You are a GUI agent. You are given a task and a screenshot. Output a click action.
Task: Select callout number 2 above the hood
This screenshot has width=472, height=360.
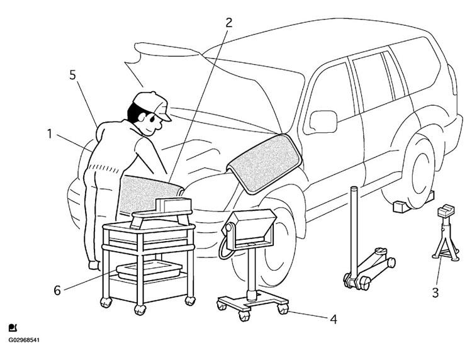point(229,23)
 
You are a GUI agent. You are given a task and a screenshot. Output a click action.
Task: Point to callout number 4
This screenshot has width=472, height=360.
point(334,319)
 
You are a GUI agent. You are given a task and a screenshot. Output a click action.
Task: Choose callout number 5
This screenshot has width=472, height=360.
point(73,75)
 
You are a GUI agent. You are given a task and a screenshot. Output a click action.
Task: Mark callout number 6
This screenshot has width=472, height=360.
point(57,291)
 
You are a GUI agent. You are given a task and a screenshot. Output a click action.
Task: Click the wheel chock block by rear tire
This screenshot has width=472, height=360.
point(399,205)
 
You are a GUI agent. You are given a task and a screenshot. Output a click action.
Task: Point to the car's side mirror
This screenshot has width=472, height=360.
point(324,121)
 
